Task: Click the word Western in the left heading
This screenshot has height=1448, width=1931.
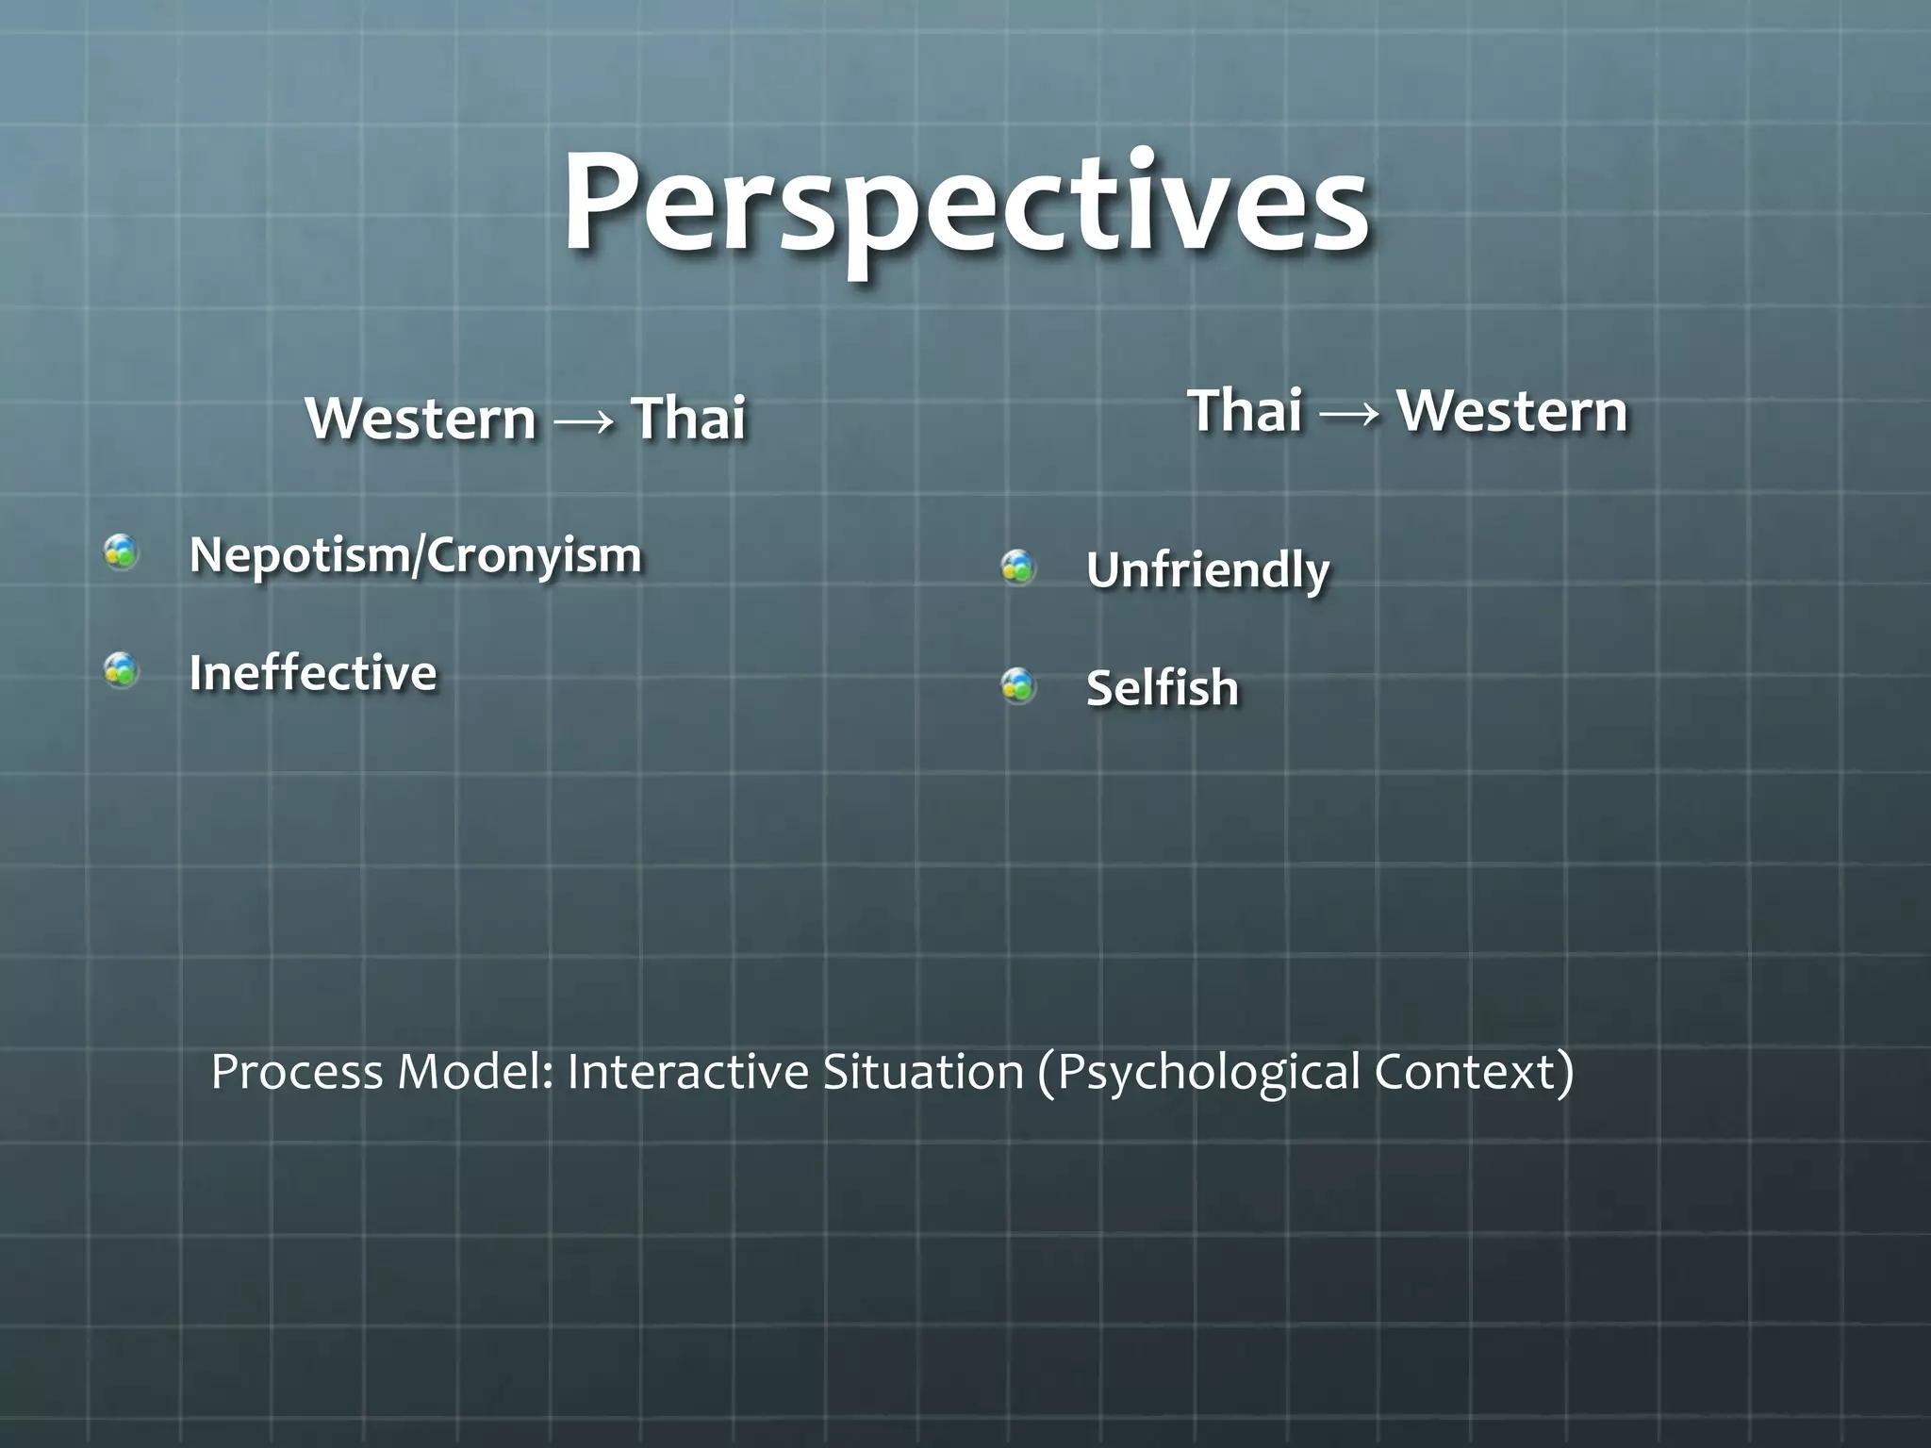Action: tap(421, 418)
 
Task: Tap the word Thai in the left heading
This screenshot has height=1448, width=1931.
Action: tap(689, 418)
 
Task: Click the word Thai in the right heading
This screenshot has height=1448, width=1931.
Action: tap(1246, 411)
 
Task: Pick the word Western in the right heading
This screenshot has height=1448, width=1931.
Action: tap(1511, 411)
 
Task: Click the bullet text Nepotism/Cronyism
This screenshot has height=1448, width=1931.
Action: tap(415, 555)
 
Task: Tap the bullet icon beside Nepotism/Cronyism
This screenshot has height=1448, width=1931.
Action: tap(122, 552)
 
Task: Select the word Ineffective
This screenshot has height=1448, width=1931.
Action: tap(313, 673)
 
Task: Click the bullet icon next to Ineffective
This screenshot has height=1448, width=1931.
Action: tap(122, 670)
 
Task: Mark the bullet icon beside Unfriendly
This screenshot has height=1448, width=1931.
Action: tap(1018, 568)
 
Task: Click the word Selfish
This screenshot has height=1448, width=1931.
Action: tap(1162, 688)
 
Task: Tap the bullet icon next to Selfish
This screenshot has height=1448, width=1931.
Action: tap(1018, 685)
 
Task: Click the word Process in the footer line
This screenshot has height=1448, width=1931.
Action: tap(296, 1072)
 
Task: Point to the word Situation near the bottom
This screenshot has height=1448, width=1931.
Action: tap(922, 1072)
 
